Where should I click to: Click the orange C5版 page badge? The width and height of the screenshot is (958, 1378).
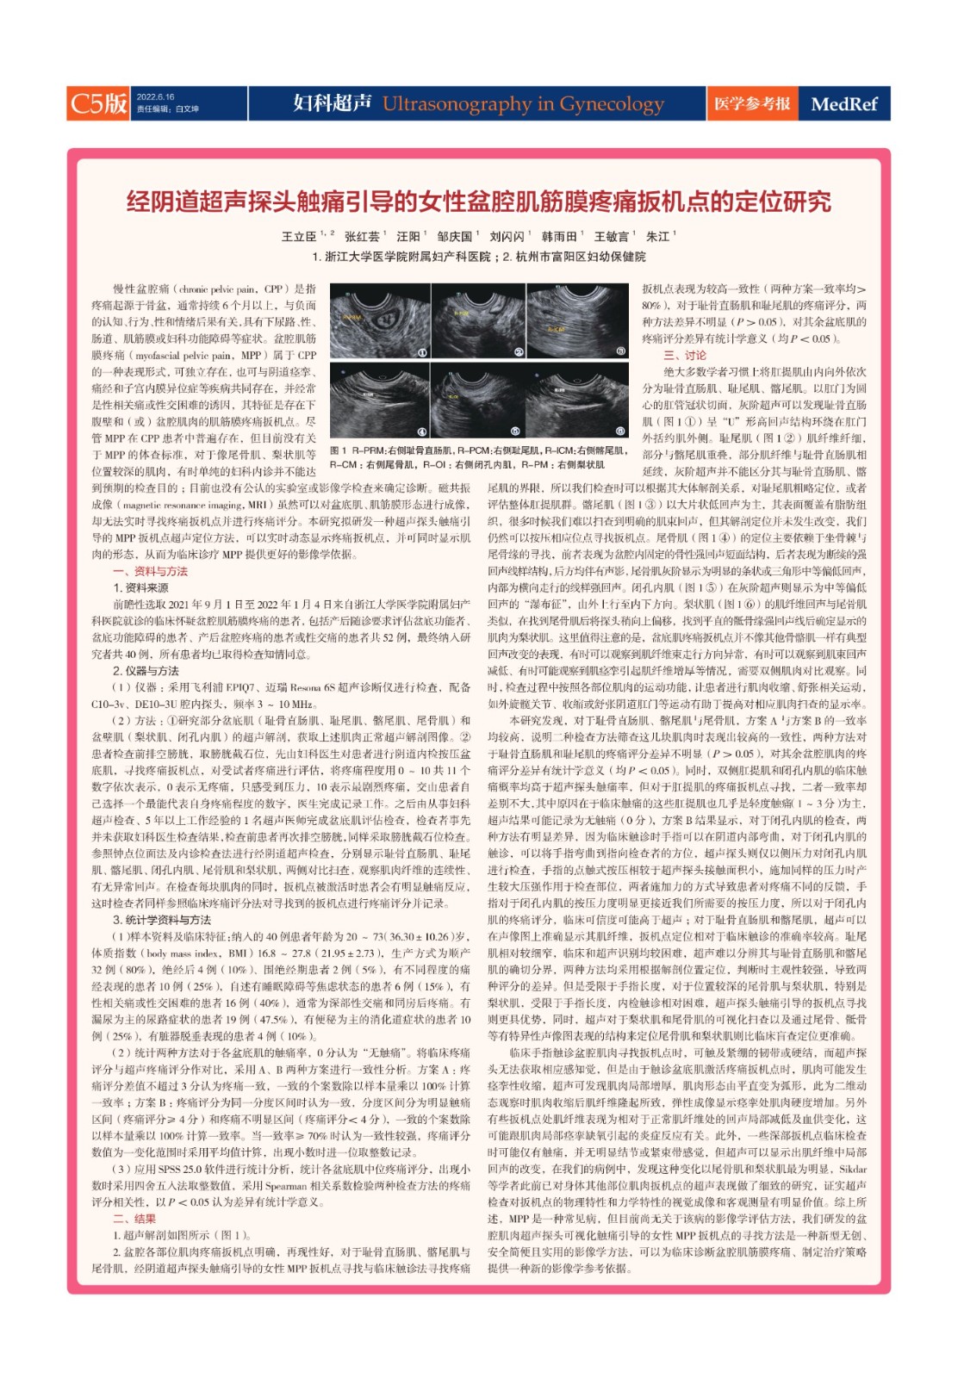click(x=98, y=103)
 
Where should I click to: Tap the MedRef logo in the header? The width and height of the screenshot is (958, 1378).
click(x=843, y=104)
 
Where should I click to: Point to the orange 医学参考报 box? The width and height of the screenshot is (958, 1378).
click(x=751, y=104)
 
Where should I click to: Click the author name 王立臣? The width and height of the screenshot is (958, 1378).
click(x=299, y=237)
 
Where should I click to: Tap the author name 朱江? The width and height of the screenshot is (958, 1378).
click(x=657, y=237)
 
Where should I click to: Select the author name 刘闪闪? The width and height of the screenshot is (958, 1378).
click(x=507, y=237)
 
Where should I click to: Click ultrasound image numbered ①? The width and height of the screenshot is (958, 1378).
click(x=379, y=320)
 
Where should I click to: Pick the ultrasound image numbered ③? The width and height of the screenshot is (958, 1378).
click(x=577, y=320)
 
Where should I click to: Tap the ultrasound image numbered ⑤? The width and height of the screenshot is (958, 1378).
click(x=478, y=400)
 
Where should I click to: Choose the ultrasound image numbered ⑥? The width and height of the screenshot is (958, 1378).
click(x=577, y=400)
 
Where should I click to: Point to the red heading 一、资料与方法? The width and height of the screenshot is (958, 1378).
click(x=150, y=571)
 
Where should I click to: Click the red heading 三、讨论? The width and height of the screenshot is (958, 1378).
click(x=684, y=355)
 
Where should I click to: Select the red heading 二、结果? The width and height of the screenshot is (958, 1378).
click(x=134, y=1219)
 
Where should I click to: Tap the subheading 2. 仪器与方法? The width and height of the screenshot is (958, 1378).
click(x=146, y=670)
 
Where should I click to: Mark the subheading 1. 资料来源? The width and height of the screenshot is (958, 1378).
click(x=140, y=587)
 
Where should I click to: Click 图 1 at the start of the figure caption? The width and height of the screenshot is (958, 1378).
click(x=338, y=450)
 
